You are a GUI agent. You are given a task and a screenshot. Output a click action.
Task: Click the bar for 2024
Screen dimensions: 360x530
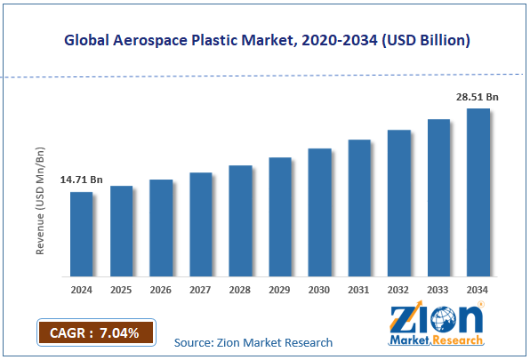coord(81,233)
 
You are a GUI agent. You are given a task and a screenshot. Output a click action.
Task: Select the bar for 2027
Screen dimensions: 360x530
coord(200,223)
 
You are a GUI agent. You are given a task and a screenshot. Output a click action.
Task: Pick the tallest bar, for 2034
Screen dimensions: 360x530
coord(478,191)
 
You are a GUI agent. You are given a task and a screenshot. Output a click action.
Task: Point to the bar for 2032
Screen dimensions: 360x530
coord(399,203)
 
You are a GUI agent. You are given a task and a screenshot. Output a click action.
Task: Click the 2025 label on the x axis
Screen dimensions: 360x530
coord(121,289)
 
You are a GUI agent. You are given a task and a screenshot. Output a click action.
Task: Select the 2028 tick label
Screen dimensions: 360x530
coord(240,289)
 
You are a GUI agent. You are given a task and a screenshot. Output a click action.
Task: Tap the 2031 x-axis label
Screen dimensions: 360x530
coord(359,289)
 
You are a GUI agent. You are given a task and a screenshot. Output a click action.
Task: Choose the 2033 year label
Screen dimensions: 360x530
coord(439,289)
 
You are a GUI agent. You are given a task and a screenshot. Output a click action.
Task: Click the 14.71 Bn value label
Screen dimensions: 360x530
coord(81,180)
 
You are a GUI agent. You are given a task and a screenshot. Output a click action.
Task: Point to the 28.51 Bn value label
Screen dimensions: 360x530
coord(477,97)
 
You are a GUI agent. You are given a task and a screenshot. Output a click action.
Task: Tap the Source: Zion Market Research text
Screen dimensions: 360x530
coord(253,342)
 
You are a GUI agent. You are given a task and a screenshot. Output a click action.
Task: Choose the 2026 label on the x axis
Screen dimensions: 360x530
coord(161,289)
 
